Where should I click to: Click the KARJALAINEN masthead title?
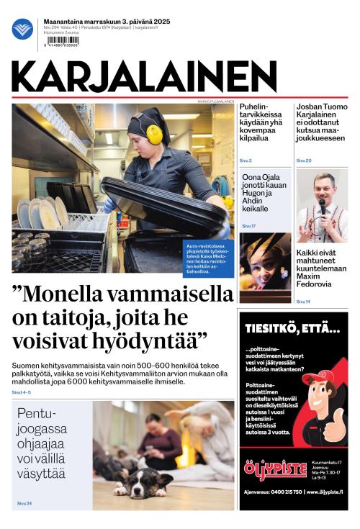pos(144,77)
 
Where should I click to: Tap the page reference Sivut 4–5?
pos(21,392)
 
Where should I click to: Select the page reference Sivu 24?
pos(24,503)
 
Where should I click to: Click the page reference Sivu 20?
pos(304,160)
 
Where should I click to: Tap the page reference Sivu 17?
pos(248,226)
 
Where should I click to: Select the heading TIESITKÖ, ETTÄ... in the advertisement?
pos(292,329)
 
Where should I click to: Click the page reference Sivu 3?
pos(246,160)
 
